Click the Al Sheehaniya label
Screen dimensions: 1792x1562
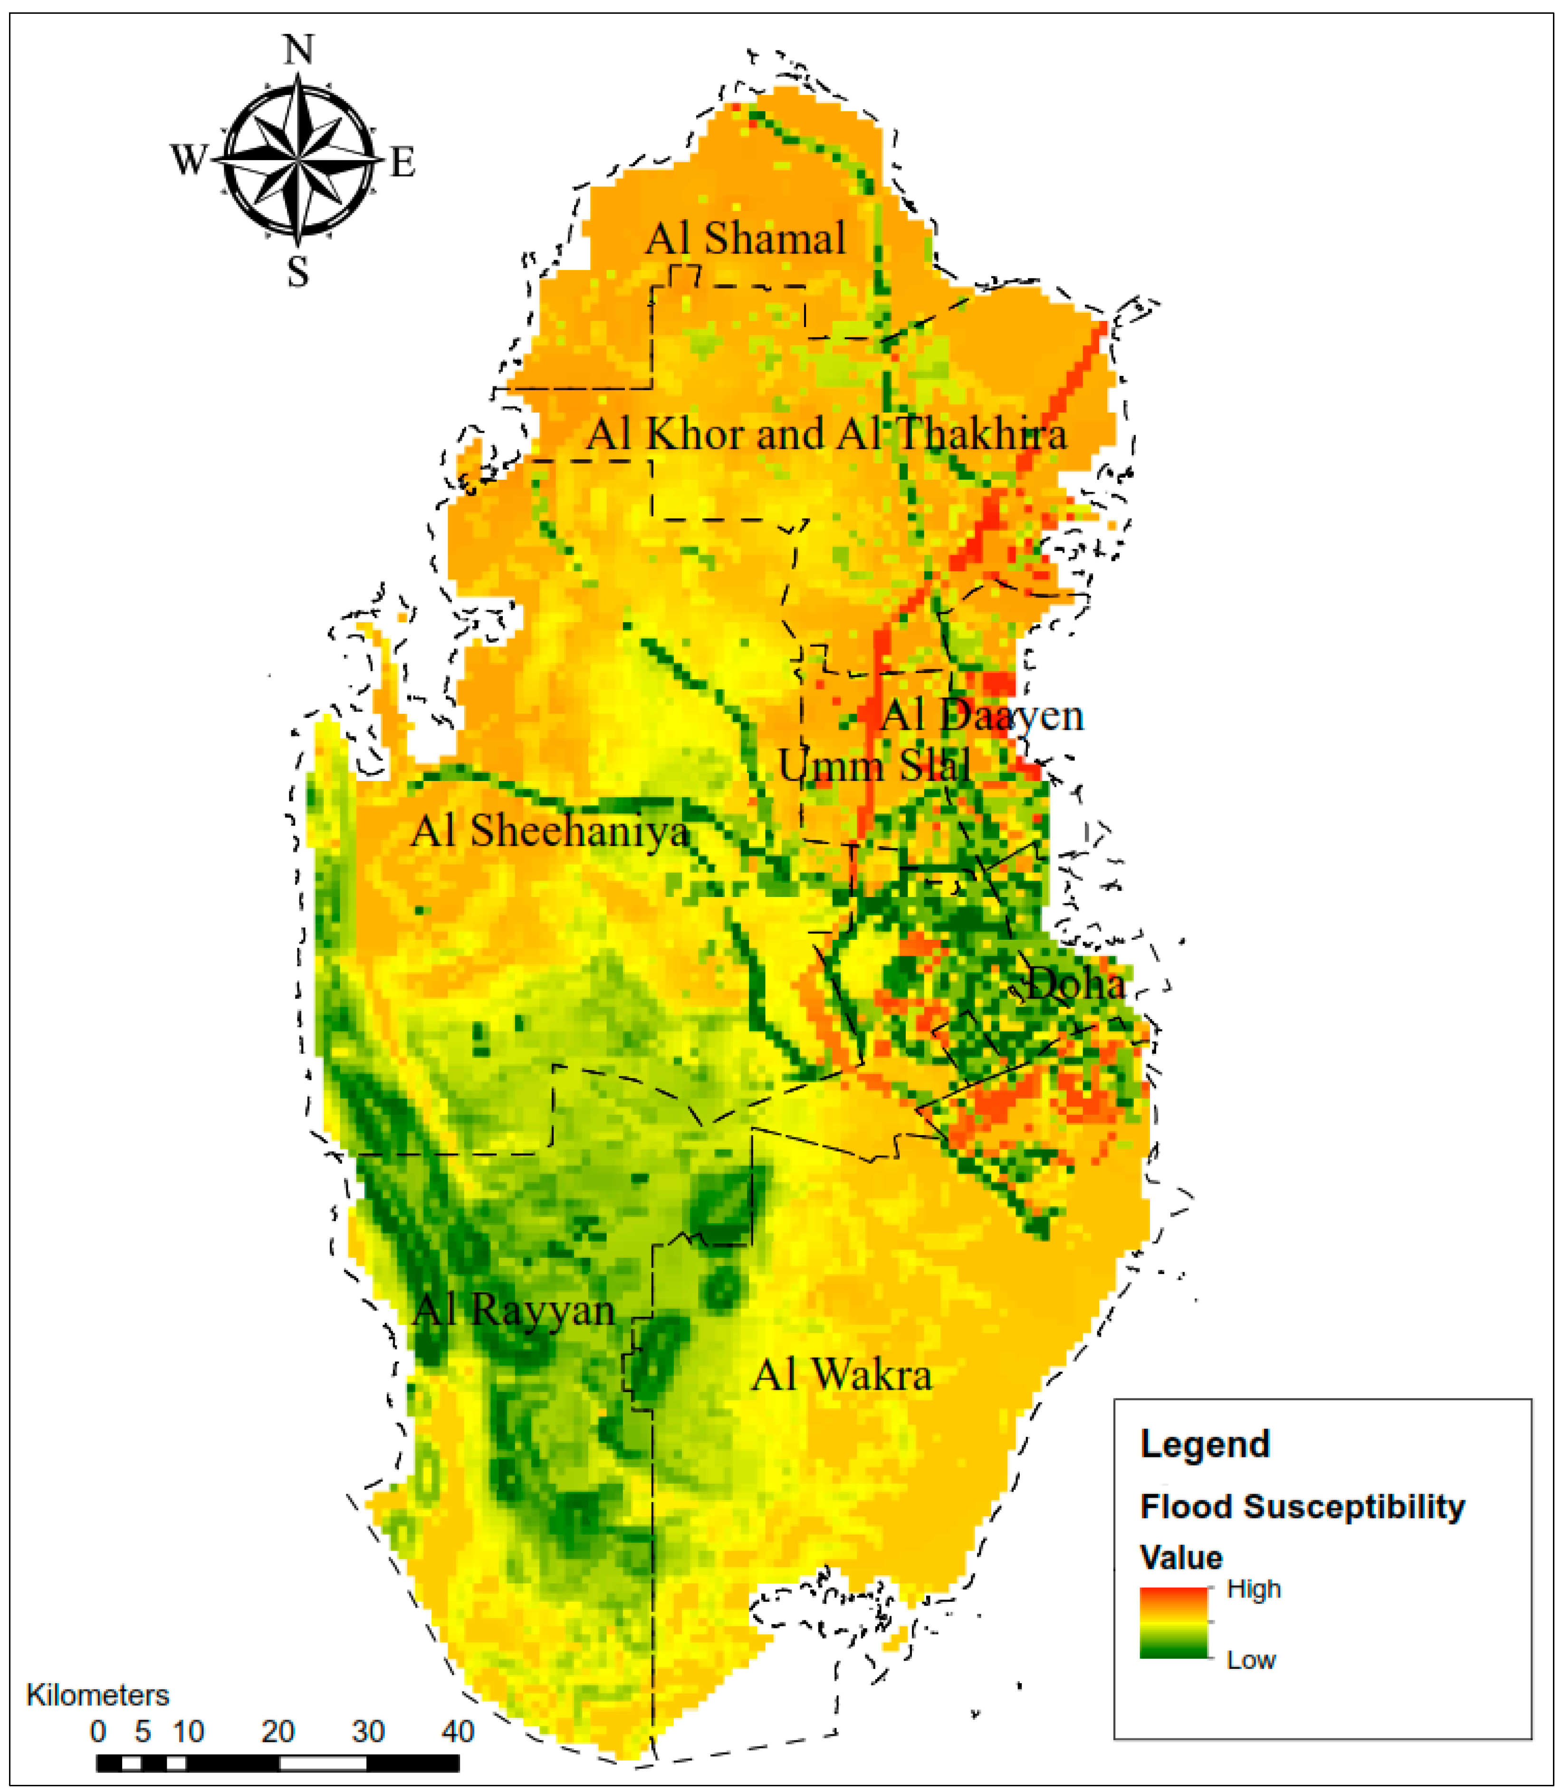(550, 831)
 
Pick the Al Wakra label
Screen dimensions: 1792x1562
(841, 1375)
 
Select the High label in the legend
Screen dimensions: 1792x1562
(1254, 1589)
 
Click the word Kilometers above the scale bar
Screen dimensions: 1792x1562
(97, 1695)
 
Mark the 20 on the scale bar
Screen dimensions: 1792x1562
(277, 1732)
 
